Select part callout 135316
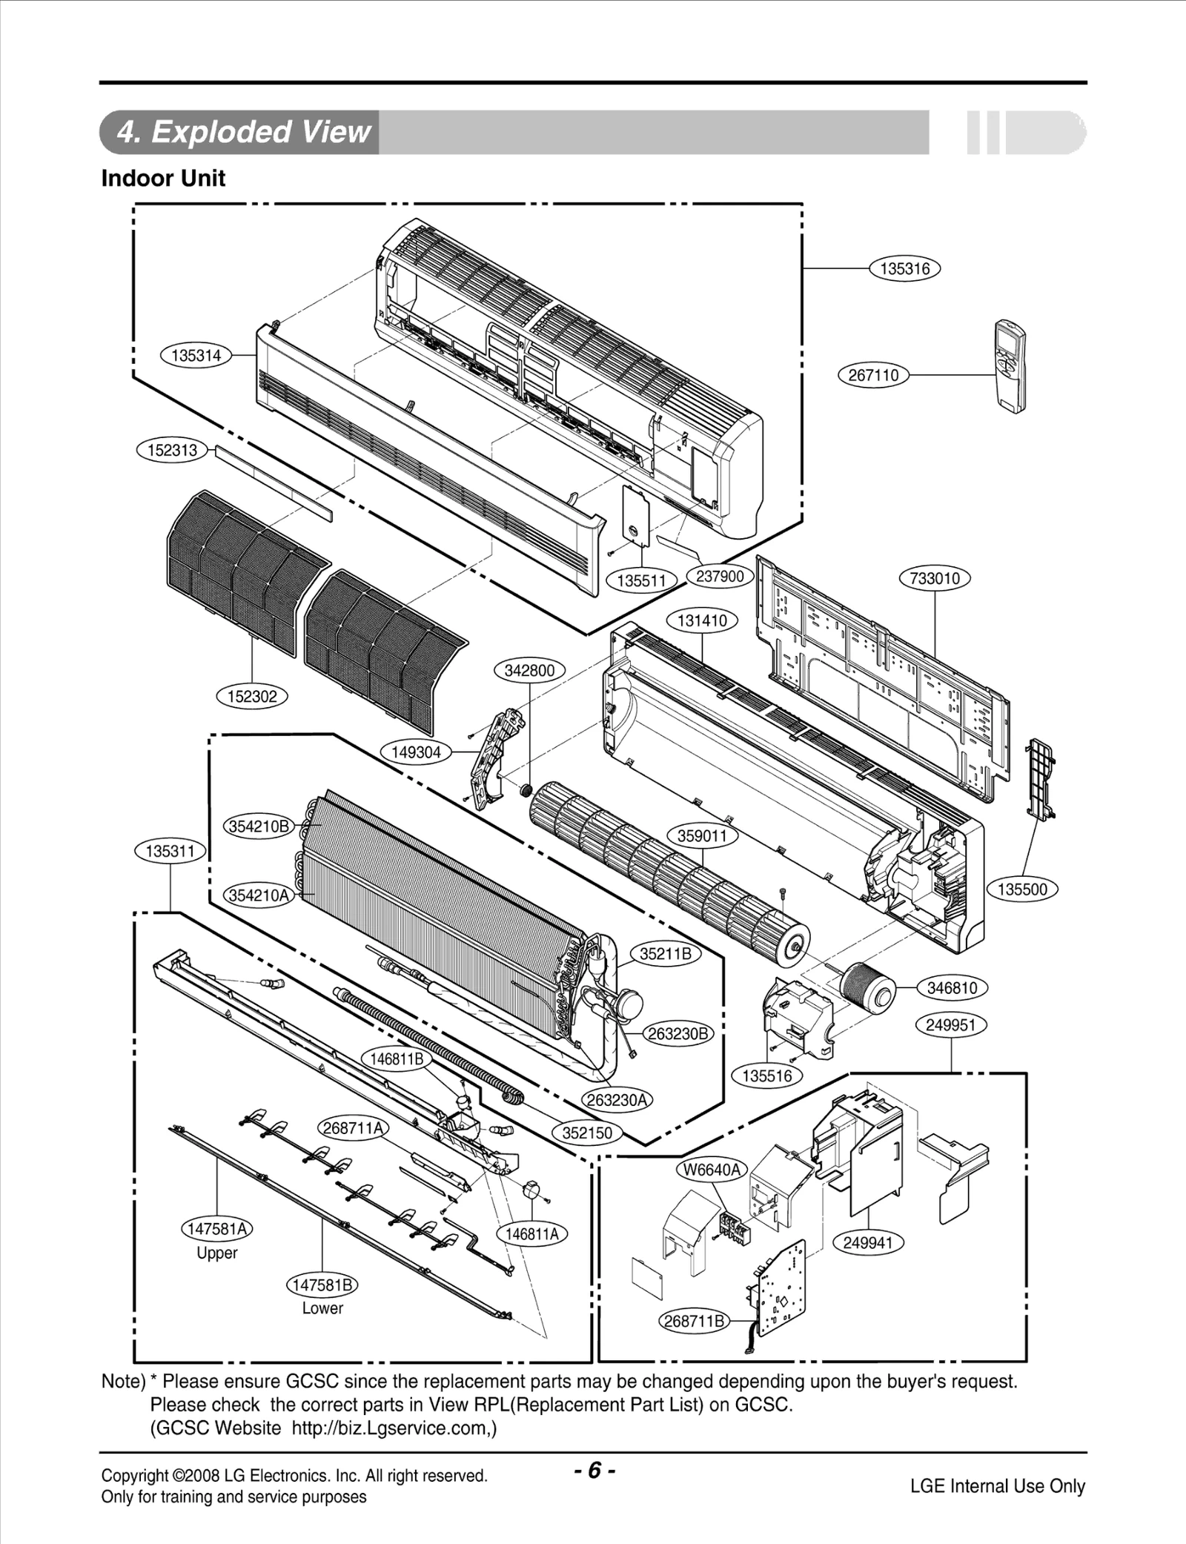tap(904, 269)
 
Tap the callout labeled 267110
tap(873, 375)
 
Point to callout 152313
tap(172, 450)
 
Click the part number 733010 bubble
tap(935, 578)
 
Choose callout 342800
tap(529, 671)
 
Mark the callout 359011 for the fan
tap(703, 836)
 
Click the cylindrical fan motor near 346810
tap(867, 987)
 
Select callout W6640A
tap(712, 1170)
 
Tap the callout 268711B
tap(694, 1321)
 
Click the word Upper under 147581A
tap(216, 1253)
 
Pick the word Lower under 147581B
tap(322, 1308)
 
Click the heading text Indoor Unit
tap(163, 179)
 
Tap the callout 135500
tap(1022, 889)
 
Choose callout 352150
tap(587, 1133)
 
